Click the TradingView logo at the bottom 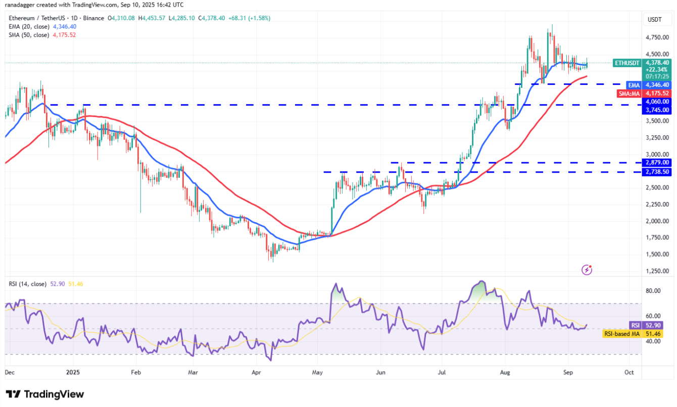click(45, 394)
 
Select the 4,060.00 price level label click(656, 101)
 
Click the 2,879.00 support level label click(656, 163)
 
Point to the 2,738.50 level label click(656, 172)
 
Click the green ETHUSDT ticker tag click(627, 63)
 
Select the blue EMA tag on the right click(634, 85)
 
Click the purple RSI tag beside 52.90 click(635, 325)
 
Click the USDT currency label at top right click(655, 20)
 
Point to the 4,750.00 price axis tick click(656, 37)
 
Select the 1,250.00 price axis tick click(656, 271)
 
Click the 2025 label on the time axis click(73, 372)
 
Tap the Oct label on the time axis click(629, 372)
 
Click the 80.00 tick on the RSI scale click(653, 291)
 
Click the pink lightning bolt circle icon click(587, 270)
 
